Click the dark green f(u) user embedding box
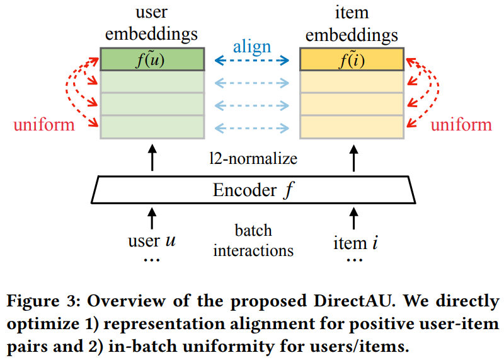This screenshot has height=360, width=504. [x=152, y=61]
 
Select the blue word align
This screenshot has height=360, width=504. [x=252, y=46]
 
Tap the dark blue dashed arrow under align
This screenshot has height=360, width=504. [x=252, y=61]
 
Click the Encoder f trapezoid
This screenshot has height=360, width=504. [x=252, y=189]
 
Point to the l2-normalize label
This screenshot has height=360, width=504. [x=252, y=159]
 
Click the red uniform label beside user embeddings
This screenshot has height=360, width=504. [x=44, y=124]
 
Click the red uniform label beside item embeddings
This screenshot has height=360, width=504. [x=461, y=124]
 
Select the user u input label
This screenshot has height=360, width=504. [x=152, y=241]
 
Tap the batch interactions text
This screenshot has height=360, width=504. [x=253, y=240]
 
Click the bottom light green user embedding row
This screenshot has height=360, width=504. [x=152, y=125]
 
